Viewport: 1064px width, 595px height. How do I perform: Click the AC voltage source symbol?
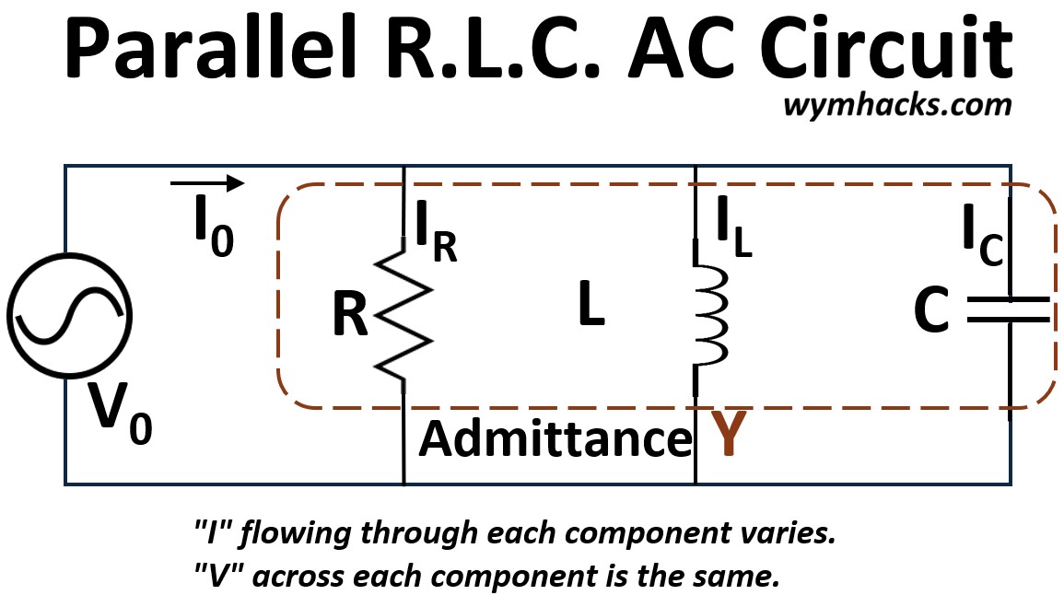(x=66, y=316)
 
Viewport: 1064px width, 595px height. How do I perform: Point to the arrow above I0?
(x=207, y=183)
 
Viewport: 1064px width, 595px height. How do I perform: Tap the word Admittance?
(x=555, y=439)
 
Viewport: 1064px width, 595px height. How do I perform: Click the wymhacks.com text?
(x=897, y=105)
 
